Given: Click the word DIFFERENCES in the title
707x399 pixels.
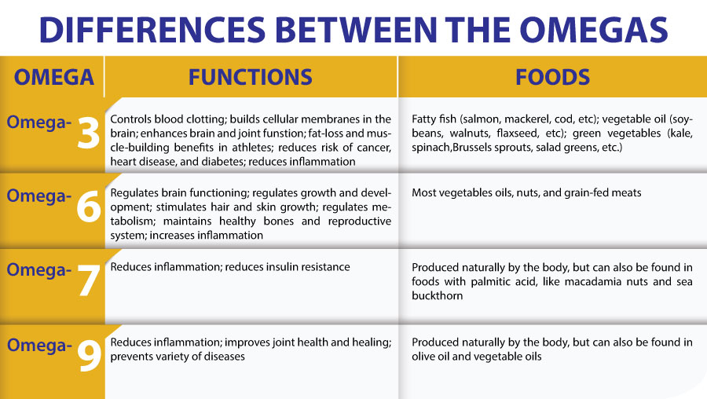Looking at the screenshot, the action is (x=152, y=30).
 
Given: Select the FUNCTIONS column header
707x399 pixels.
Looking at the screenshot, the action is (x=251, y=77).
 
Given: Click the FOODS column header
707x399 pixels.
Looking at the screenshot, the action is (x=552, y=77).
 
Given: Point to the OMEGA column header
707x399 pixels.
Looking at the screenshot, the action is (x=54, y=77).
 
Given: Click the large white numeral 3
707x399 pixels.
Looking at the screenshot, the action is (x=88, y=133).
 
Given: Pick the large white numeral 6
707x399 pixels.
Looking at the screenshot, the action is (x=88, y=206).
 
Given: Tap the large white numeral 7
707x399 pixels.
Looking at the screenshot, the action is (x=88, y=280).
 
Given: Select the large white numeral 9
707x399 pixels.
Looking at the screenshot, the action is (x=89, y=355).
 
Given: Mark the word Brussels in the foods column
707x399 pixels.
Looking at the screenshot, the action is (x=471, y=148).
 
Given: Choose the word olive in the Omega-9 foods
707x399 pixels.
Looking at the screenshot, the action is (x=423, y=357).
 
